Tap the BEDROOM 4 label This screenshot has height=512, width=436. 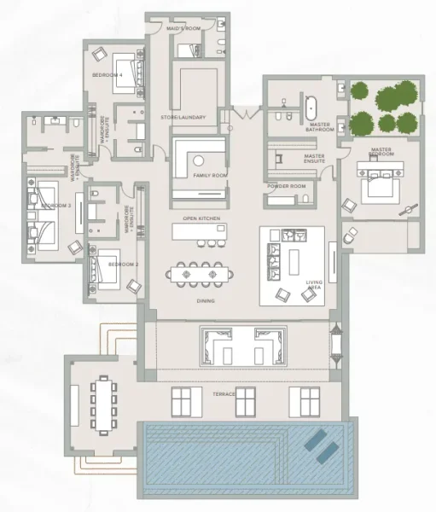click(x=108, y=77)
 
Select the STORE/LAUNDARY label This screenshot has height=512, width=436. click(x=183, y=117)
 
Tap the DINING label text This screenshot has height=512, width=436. click(x=205, y=301)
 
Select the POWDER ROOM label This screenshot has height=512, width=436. click(x=286, y=185)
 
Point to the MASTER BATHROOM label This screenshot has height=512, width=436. click(x=320, y=127)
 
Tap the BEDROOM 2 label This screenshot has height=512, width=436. click(x=124, y=265)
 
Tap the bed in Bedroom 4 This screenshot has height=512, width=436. click(x=127, y=67)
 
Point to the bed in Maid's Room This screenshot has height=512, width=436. click(x=189, y=47)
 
